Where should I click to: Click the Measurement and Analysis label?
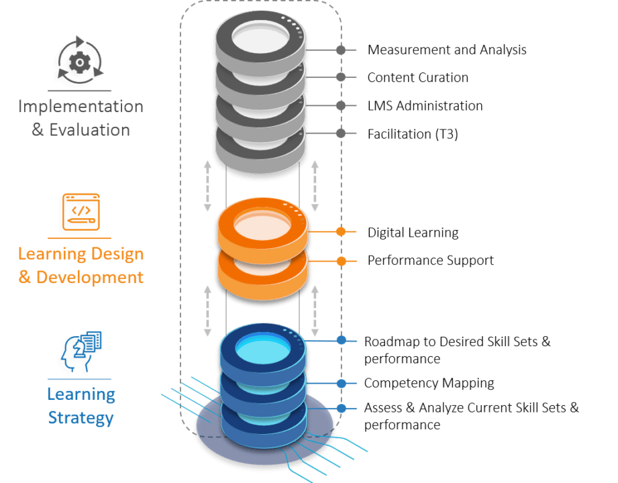point(447,50)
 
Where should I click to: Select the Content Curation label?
point(417,78)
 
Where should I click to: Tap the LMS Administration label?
point(425,106)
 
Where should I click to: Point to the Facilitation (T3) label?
point(412,134)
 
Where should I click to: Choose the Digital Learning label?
point(413,233)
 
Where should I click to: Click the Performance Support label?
point(430,260)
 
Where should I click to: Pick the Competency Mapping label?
point(429,383)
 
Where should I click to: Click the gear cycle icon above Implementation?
point(80,63)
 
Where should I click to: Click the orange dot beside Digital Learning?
point(341,232)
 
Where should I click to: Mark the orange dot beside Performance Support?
point(341,260)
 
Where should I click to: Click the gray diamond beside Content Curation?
point(341,78)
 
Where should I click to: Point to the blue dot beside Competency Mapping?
point(341,384)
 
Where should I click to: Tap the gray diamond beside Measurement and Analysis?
point(341,50)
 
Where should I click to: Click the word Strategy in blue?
point(80,418)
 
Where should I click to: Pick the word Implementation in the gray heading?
point(80,107)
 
